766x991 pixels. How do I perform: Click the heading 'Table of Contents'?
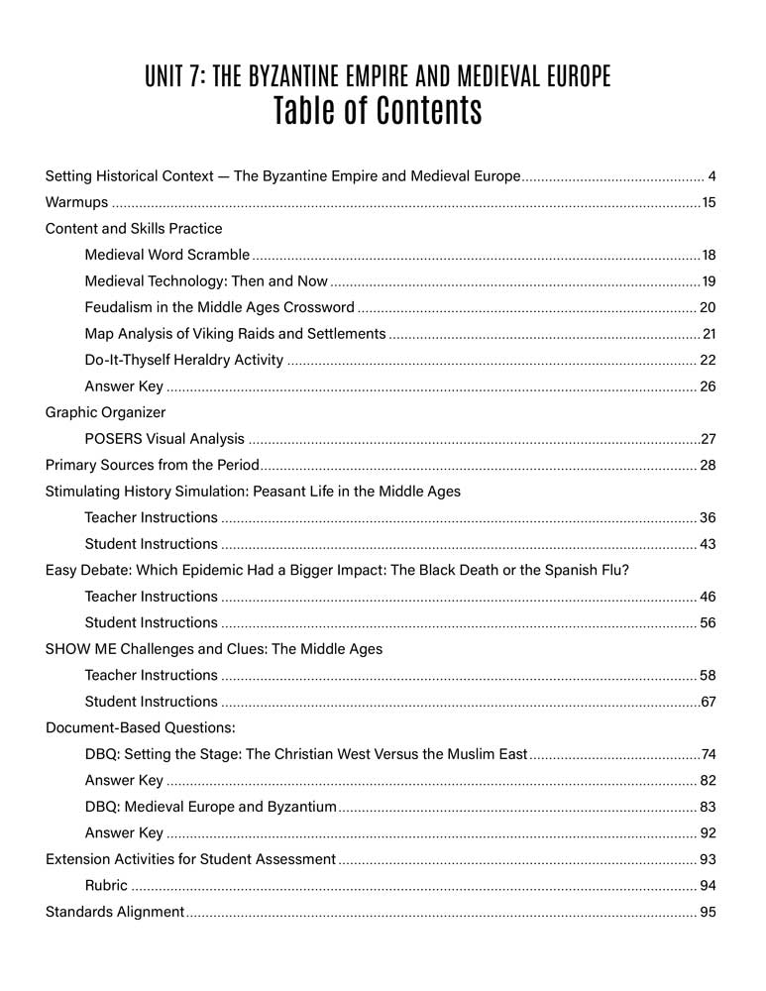(x=378, y=111)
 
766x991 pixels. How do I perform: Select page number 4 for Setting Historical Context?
(x=712, y=177)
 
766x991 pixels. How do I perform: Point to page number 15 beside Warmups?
(x=708, y=203)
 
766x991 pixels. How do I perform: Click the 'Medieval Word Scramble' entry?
(x=166, y=256)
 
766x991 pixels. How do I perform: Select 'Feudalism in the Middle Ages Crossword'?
(x=219, y=308)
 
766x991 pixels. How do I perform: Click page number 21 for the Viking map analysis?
(x=708, y=334)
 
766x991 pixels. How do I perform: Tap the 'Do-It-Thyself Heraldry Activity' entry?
(x=184, y=360)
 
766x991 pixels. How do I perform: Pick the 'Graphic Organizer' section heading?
(x=106, y=412)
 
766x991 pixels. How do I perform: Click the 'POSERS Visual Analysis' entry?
(x=164, y=438)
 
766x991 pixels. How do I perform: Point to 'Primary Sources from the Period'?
(x=153, y=465)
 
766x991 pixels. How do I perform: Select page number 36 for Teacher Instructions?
(x=708, y=517)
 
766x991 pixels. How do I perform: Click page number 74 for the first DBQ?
(x=708, y=754)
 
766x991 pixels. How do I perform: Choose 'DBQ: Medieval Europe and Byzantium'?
(x=210, y=807)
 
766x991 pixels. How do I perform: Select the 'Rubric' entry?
(x=106, y=885)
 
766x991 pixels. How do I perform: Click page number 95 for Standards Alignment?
(x=708, y=912)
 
